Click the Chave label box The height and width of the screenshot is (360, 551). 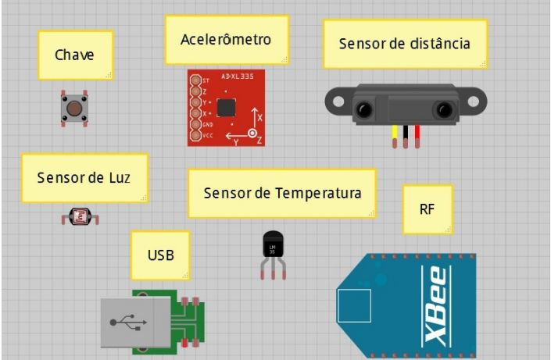pos(76,55)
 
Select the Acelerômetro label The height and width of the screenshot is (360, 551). pos(226,39)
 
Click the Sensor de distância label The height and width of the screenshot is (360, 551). pos(405,44)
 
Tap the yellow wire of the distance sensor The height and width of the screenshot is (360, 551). pos(395,136)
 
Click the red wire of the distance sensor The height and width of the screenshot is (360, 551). pos(417,136)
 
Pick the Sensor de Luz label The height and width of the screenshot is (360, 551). pos(84,177)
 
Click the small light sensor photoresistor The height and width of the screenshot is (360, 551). pos(80,216)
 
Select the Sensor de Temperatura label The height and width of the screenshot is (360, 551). pos(282,193)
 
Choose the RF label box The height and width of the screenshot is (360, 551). pos(428,209)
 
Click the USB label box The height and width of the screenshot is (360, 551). pos(160,255)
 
